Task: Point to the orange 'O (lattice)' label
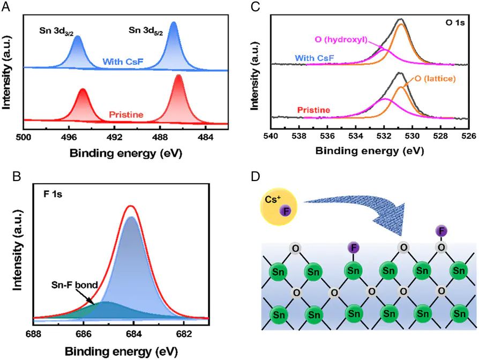click(x=435, y=79)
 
